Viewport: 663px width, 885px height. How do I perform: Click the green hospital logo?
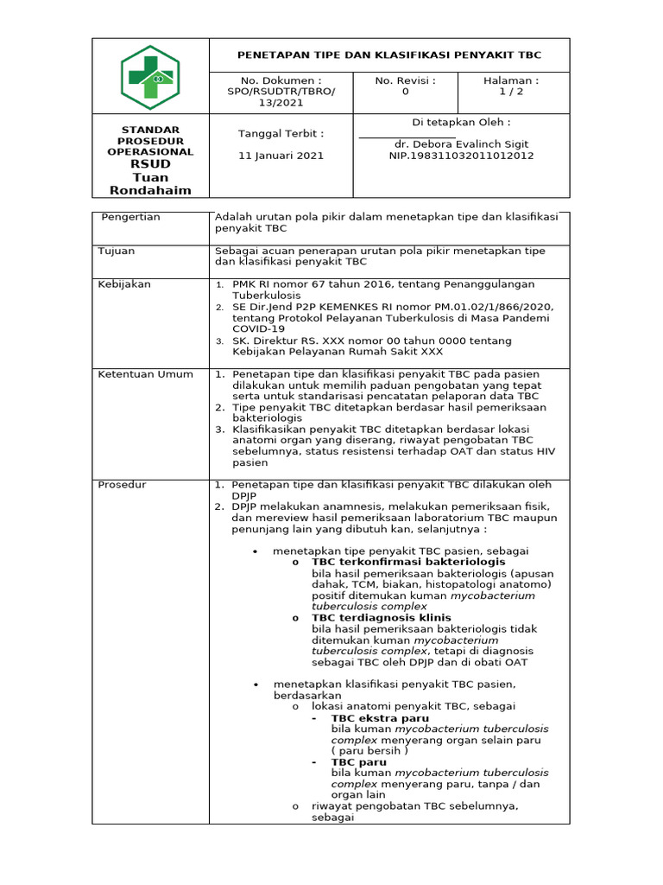(x=150, y=78)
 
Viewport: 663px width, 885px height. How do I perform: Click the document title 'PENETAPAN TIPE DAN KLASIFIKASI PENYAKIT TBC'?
(x=389, y=54)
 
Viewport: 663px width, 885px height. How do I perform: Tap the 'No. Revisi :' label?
(x=405, y=80)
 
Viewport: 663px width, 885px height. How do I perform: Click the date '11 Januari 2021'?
(x=281, y=156)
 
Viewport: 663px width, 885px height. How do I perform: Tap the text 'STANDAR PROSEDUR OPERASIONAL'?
(x=150, y=141)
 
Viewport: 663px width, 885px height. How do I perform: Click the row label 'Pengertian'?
(x=130, y=217)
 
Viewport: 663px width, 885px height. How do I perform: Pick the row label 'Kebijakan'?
(x=124, y=283)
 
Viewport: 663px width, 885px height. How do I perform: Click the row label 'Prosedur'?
(x=122, y=485)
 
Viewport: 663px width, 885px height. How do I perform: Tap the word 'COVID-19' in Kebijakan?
(x=256, y=328)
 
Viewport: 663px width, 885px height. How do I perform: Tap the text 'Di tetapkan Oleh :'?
(x=461, y=122)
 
